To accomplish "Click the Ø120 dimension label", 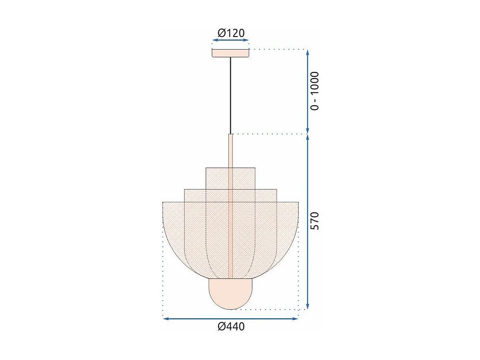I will pos(231,33).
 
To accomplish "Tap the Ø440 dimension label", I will pos(231,326).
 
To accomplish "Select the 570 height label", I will pos(315,221).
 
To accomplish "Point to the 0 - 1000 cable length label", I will pos(315,91).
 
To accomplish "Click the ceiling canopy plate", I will pos(230,53).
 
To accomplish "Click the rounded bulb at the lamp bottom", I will pos(230,293).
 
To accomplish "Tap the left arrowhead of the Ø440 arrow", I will pos(165,319).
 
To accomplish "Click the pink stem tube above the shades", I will pos(230,150).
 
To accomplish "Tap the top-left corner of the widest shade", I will pos(163,202).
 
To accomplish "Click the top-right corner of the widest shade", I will pos(298,202).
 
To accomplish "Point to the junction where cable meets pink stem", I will pos(230,134).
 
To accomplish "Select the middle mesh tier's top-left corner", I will pos(184,189).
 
